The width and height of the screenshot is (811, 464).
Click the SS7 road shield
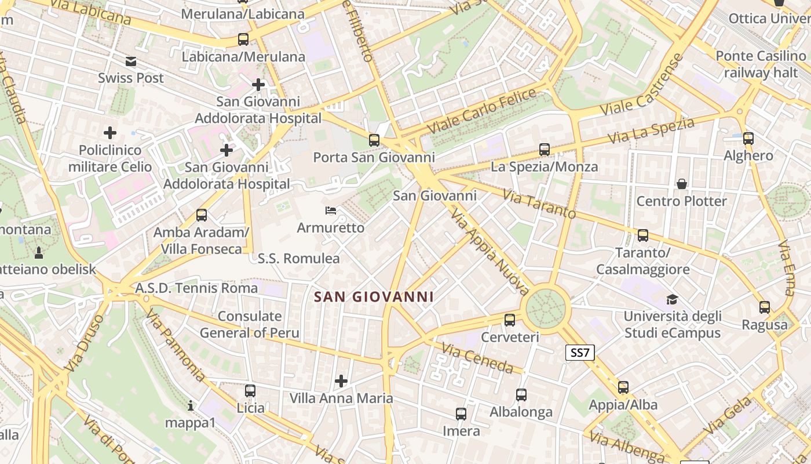click(580, 353)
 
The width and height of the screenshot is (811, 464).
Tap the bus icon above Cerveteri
click(510, 320)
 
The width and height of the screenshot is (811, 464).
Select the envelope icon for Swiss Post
click(131, 61)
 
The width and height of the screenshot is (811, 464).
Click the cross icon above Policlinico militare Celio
click(109, 133)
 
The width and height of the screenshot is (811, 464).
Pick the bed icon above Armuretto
click(331, 211)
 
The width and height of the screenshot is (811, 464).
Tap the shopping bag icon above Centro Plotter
click(682, 184)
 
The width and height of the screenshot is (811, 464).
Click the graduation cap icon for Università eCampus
click(672, 299)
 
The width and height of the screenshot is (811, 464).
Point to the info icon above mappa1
click(191, 405)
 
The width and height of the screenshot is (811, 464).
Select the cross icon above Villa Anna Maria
click(341, 381)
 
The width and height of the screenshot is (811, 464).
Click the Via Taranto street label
click(539, 204)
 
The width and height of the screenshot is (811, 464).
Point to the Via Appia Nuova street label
click(489, 253)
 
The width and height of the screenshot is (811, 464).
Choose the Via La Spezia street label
click(651, 131)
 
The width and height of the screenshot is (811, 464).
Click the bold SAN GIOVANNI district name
click(374, 297)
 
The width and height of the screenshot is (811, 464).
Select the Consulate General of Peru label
click(250, 325)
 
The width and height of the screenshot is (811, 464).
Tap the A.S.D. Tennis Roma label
click(196, 288)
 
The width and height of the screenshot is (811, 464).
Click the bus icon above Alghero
click(748, 139)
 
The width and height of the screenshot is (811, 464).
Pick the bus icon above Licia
click(250, 391)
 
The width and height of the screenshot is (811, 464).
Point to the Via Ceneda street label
click(477, 358)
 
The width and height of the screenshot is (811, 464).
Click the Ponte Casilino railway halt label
click(761, 64)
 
